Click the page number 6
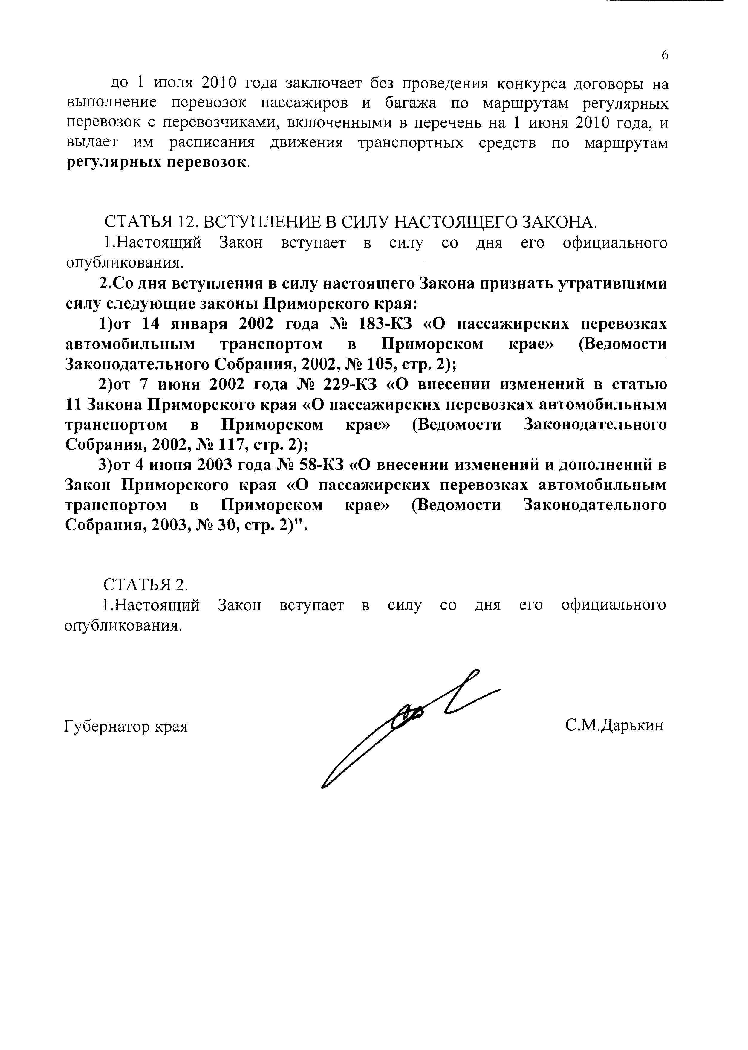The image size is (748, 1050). [665, 55]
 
